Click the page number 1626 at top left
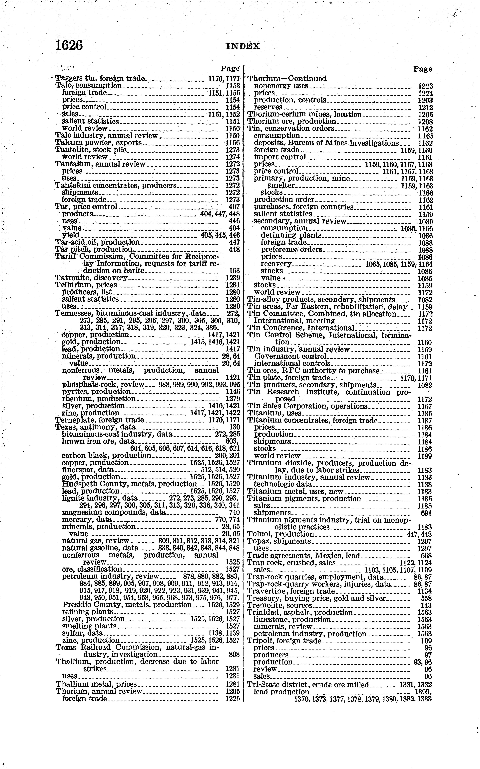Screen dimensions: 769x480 click(x=69, y=45)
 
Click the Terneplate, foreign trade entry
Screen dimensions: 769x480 click(x=99, y=420)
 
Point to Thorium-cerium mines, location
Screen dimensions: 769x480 click(x=304, y=115)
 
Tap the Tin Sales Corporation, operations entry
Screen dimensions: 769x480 click(x=307, y=406)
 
